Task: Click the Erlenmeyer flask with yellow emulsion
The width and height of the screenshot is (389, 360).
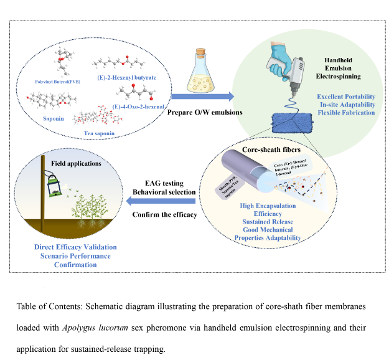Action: [200, 69]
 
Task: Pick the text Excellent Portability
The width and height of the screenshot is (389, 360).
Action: [346, 97]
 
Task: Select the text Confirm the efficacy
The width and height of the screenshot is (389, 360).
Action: [165, 215]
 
